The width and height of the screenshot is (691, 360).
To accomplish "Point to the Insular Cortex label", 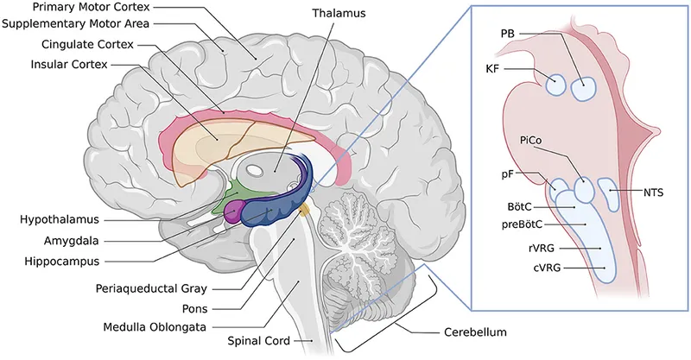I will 68,63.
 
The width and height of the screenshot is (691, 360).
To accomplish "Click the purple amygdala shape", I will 234,211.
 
